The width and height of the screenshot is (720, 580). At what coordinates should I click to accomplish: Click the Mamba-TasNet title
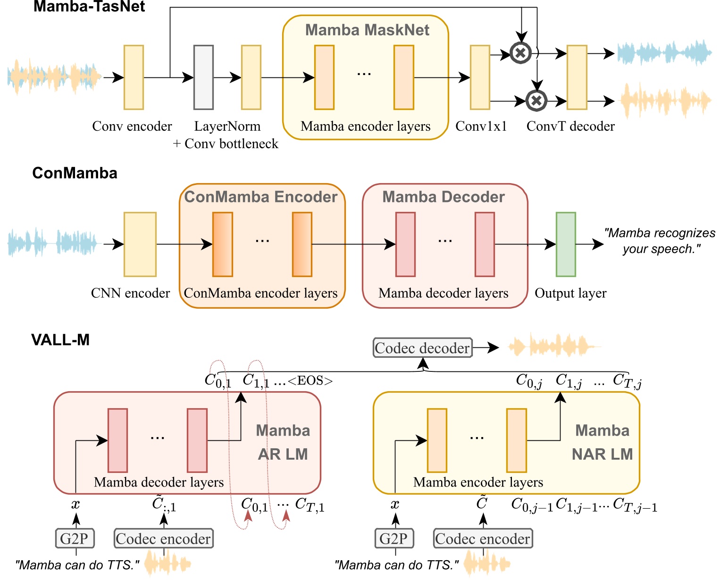[89, 7]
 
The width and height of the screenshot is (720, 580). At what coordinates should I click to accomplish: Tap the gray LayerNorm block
[203, 77]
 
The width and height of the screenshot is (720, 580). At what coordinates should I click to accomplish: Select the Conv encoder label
[132, 126]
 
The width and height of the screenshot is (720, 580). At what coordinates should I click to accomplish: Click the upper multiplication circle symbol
[520, 53]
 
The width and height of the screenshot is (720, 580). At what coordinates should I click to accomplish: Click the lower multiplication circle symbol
[536, 100]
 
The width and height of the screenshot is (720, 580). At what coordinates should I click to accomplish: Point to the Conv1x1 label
[481, 126]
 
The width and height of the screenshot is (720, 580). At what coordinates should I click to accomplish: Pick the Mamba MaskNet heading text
[367, 30]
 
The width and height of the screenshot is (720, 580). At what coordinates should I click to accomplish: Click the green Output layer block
[565, 244]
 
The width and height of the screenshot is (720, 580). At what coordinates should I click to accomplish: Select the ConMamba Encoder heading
[261, 197]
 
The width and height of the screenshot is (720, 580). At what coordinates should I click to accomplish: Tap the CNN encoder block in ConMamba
[140, 244]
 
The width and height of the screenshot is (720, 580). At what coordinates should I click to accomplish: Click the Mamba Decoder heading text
[444, 197]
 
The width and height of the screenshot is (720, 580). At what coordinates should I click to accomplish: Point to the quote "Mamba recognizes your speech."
[660, 241]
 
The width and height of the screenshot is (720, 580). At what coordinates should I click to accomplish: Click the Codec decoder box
[422, 348]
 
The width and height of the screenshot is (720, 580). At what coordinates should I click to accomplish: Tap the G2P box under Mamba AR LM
[74, 538]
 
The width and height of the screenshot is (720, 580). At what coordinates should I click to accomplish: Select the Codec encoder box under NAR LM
[483, 538]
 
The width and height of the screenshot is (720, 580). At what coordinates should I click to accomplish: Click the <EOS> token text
[310, 381]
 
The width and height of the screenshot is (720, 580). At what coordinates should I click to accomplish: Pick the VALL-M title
[60, 340]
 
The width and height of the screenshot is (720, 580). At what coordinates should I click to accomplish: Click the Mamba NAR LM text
[602, 442]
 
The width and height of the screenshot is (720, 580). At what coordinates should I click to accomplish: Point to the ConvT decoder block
[577, 77]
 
